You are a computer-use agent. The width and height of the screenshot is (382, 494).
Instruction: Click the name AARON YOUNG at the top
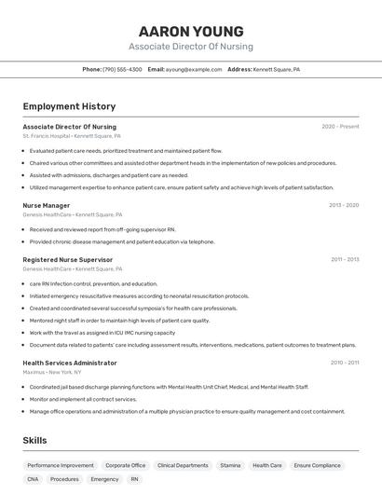point(190,31)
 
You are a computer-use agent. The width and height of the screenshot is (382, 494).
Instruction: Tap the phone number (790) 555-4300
point(122,69)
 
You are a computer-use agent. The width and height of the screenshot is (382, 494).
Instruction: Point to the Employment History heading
point(69,107)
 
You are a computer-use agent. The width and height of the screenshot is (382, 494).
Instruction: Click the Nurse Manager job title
point(47,205)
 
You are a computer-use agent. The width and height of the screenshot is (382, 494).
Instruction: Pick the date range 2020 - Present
point(340,127)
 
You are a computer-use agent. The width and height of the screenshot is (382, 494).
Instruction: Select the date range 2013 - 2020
point(344,205)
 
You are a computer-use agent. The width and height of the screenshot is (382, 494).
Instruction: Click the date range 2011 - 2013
point(345,259)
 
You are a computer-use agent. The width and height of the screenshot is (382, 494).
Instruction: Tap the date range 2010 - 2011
point(345,363)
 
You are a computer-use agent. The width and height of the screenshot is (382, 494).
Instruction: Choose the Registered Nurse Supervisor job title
point(67,259)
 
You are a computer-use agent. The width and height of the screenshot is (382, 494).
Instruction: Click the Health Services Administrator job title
point(70,363)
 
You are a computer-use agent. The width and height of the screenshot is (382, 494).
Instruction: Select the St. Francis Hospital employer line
point(72,136)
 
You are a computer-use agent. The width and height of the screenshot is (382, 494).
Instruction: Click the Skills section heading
point(34,441)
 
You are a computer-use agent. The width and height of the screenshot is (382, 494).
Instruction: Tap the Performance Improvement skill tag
point(61,465)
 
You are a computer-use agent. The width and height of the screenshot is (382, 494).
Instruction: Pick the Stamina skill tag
point(230,465)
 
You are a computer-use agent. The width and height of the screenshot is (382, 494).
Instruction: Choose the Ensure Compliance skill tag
point(317,465)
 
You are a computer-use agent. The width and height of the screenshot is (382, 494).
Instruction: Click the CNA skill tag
point(33,479)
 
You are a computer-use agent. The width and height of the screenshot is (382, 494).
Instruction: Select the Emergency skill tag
point(104,479)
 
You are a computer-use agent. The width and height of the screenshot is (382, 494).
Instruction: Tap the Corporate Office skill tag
point(125,465)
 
